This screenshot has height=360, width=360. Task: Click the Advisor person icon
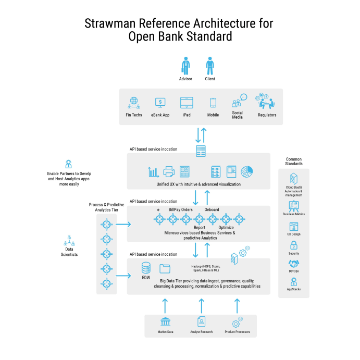[x=186, y=66]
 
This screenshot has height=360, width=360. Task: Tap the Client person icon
[x=210, y=66]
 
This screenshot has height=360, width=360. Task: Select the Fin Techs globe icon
[x=134, y=102]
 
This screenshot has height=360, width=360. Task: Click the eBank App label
[x=160, y=115]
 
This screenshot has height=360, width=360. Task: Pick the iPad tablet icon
[x=187, y=102]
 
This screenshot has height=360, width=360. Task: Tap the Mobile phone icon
[x=213, y=103]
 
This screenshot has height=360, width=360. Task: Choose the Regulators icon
[x=266, y=101]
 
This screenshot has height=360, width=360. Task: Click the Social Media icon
[x=239, y=101]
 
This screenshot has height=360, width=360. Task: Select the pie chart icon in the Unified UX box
[x=247, y=171]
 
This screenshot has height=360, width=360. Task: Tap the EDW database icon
[x=146, y=268]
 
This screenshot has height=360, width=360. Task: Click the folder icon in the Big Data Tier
[x=165, y=269]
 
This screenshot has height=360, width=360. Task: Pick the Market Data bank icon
[x=166, y=322]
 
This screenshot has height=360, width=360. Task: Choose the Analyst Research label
[x=202, y=332]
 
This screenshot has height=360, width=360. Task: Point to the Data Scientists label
[x=68, y=252]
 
